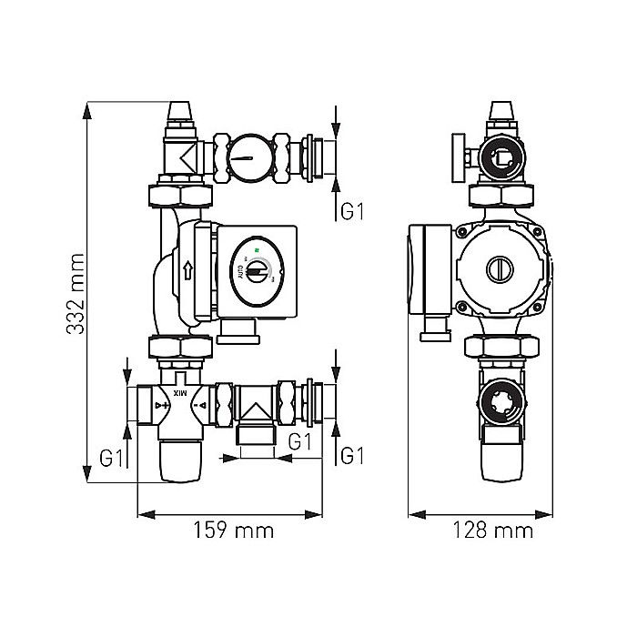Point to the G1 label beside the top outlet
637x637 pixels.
[x=353, y=211]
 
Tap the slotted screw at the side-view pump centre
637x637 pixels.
[x=500, y=269]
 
